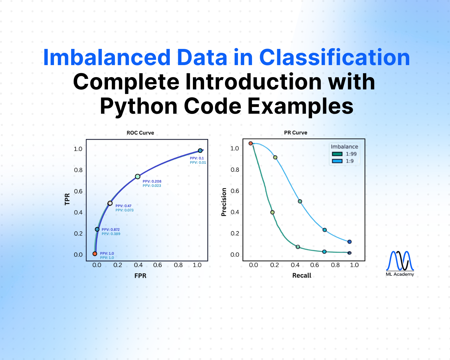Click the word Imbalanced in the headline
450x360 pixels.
107,58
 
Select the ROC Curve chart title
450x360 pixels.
140,133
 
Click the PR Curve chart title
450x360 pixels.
295,133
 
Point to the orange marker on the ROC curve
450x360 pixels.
95,254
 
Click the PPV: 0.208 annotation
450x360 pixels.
152,181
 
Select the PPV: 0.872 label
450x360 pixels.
110,229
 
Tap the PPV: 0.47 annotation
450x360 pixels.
123,206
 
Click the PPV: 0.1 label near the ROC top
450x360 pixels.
197,158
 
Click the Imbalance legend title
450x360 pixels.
344,147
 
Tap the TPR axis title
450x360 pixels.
67,199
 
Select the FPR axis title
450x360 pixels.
140,276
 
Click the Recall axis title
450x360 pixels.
301,275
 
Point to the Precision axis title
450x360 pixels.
223,202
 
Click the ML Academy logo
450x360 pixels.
400,263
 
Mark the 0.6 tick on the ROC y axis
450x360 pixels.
78,191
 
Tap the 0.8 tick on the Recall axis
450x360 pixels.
335,265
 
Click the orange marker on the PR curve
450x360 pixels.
250,143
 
